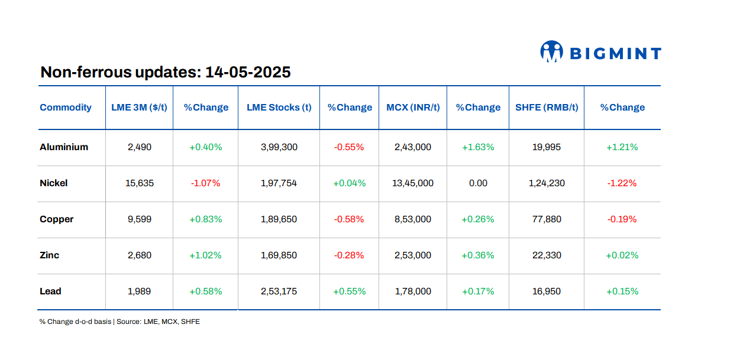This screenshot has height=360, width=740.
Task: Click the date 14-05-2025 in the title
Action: click(248, 72)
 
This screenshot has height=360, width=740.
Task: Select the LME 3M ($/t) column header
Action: click(139, 108)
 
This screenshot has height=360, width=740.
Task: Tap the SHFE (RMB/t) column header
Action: click(546, 108)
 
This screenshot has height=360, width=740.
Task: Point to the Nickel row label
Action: click(54, 183)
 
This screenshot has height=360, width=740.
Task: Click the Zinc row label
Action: click(50, 255)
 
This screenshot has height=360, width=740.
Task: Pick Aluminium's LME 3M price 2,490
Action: click(140, 147)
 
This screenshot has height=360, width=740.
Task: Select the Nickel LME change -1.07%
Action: click(205, 183)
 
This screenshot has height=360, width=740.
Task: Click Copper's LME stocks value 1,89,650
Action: click(279, 219)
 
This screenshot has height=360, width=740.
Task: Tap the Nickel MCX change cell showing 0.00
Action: click(478, 183)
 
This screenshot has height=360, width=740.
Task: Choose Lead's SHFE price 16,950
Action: click(547, 291)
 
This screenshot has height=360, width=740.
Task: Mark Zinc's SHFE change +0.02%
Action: click(622, 255)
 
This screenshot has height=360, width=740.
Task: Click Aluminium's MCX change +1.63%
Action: click(478, 147)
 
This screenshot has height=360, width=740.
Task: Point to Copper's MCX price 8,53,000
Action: click(413, 219)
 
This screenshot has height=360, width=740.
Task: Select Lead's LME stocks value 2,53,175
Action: click(279, 291)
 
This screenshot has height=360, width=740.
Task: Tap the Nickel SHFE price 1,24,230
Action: click(547, 183)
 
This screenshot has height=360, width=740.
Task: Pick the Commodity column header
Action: click(66, 108)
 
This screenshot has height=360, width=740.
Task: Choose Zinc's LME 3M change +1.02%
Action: click(205, 255)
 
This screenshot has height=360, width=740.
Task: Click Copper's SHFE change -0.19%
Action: click(622, 219)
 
